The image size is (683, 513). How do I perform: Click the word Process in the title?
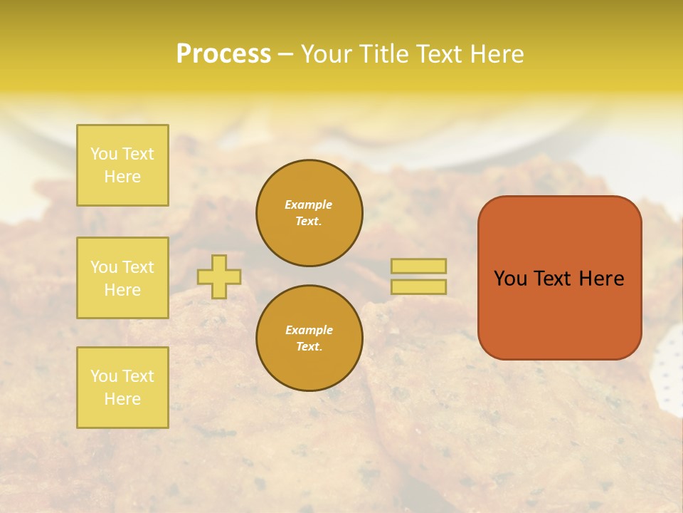click(x=223, y=54)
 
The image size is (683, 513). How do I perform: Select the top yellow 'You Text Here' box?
click(x=122, y=165)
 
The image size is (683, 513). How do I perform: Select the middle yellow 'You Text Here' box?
click(x=122, y=278)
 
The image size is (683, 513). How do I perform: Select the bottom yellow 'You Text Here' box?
click(x=122, y=388)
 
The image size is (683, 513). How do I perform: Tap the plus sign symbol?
click(x=219, y=276)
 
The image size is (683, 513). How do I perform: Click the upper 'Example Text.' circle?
click(x=309, y=213)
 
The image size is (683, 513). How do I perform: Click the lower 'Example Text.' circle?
click(x=309, y=338)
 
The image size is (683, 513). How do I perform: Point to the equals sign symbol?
click(x=418, y=276)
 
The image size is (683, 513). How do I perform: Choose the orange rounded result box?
click(x=559, y=278)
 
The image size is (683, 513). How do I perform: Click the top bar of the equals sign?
click(x=418, y=266)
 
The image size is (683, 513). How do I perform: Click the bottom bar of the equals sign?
click(x=418, y=287)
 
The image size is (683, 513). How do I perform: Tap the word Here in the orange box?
click(x=601, y=279)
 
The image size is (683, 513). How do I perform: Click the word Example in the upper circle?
click(x=309, y=204)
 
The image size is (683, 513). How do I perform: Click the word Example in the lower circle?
click(x=309, y=330)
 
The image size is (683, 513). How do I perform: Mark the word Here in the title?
click(x=498, y=54)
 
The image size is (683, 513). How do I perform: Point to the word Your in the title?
click(x=326, y=54)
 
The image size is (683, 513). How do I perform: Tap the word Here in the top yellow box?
click(x=122, y=177)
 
